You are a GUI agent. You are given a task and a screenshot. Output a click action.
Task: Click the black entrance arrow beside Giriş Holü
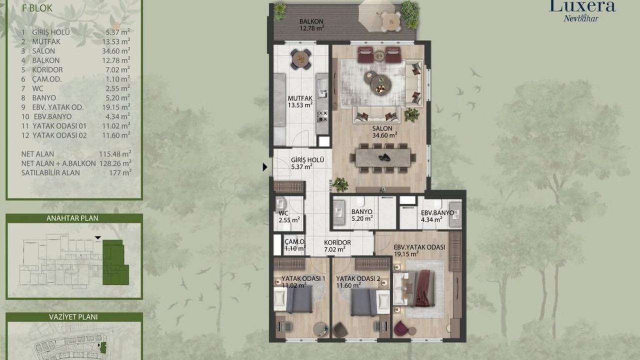(265, 167)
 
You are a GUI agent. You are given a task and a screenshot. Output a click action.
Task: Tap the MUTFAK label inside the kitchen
(300, 98)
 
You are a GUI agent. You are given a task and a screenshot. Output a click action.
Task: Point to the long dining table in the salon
(383, 157)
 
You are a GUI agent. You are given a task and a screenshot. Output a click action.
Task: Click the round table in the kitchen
(301, 59)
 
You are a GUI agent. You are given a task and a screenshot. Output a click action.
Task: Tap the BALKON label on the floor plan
(311, 21)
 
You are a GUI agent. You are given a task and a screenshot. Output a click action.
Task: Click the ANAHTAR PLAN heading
(72, 218)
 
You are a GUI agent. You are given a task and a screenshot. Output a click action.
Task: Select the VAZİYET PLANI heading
(73, 317)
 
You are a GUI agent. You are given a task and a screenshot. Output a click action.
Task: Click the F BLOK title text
(37, 8)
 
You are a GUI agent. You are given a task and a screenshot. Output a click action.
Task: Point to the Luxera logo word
(582, 6)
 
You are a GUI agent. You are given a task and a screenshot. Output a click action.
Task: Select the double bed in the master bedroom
(414, 289)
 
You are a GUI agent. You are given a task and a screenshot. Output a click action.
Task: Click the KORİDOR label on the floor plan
(337, 242)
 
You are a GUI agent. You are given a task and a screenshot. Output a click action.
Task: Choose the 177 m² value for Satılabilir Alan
(120, 172)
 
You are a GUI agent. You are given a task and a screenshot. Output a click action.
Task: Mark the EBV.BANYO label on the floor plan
(437, 213)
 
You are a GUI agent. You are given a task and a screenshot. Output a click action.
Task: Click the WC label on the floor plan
(283, 213)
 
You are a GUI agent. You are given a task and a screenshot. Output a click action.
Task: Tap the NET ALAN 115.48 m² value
(115, 154)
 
